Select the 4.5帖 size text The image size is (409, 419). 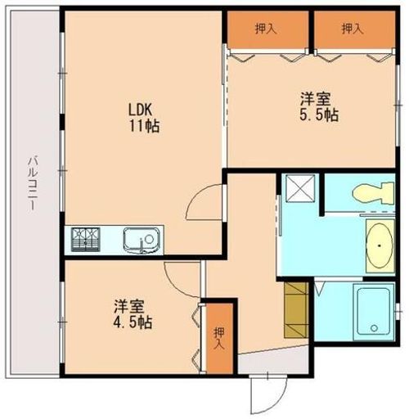(133, 322)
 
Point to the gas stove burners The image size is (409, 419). (88, 240)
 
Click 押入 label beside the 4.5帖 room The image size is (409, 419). (218, 339)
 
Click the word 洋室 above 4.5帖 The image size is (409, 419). (129, 307)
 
